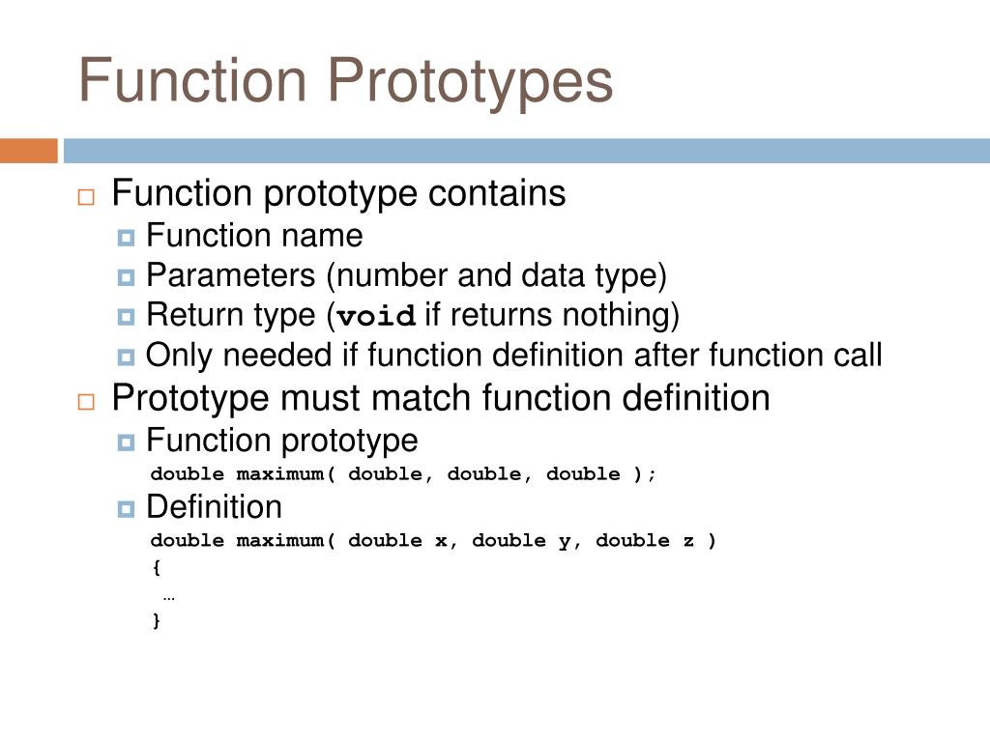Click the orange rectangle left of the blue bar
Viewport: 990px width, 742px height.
(x=28, y=151)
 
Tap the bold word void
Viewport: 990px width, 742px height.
(x=377, y=317)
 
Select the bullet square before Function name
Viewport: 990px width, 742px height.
(x=126, y=237)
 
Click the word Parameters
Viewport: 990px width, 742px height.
(x=231, y=276)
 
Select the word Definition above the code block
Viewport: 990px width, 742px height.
(x=214, y=507)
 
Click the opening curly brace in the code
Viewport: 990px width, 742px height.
(x=157, y=568)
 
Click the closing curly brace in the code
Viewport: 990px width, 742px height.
(x=157, y=620)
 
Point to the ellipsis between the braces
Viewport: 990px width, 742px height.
(x=168, y=595)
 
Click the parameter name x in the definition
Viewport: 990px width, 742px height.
(x=441, y=541)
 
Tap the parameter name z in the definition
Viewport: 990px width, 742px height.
(x=688, y=541)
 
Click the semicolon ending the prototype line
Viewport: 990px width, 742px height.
(x=653, y=474)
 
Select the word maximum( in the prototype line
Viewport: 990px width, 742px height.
(x=286, y=474)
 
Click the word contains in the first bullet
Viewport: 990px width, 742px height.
(x=497, y=193)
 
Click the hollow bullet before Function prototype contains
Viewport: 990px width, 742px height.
(x=86, y=196)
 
